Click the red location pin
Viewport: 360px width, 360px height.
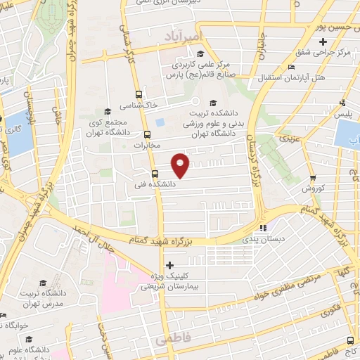[181, 165]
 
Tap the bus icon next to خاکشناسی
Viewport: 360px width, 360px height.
[138, 94]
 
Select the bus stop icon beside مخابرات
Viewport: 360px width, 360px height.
[147, 134]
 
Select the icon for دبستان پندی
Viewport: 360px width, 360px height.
[264, 228]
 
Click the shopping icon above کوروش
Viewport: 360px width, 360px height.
[313, 179]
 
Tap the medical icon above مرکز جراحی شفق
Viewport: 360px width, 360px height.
[323, 41]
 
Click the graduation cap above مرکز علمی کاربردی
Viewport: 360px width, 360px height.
[200, 54]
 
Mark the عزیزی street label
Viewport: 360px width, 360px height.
[290, 138]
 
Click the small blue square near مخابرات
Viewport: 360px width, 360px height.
[160, 122]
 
